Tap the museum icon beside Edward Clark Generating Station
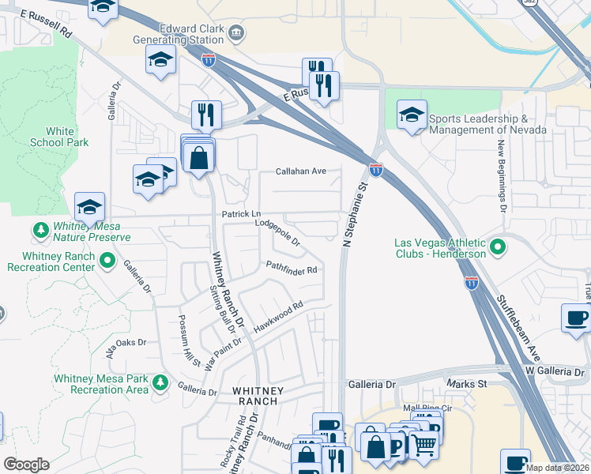[238, 32]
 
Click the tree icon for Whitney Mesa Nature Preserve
[40, 231]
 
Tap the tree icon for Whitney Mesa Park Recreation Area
[161, 383]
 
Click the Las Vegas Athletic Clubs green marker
[497, 247]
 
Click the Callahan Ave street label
[301, 171]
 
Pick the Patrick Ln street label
[241, 214]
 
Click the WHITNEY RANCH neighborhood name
[254, 396]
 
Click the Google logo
[26, 465]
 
